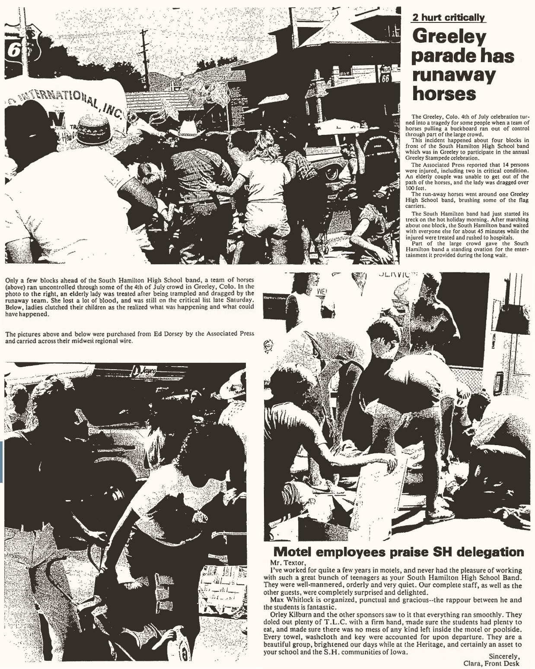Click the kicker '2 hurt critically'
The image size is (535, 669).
(x=448, y=17)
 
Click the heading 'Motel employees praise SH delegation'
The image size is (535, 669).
(x=399, y=552)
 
